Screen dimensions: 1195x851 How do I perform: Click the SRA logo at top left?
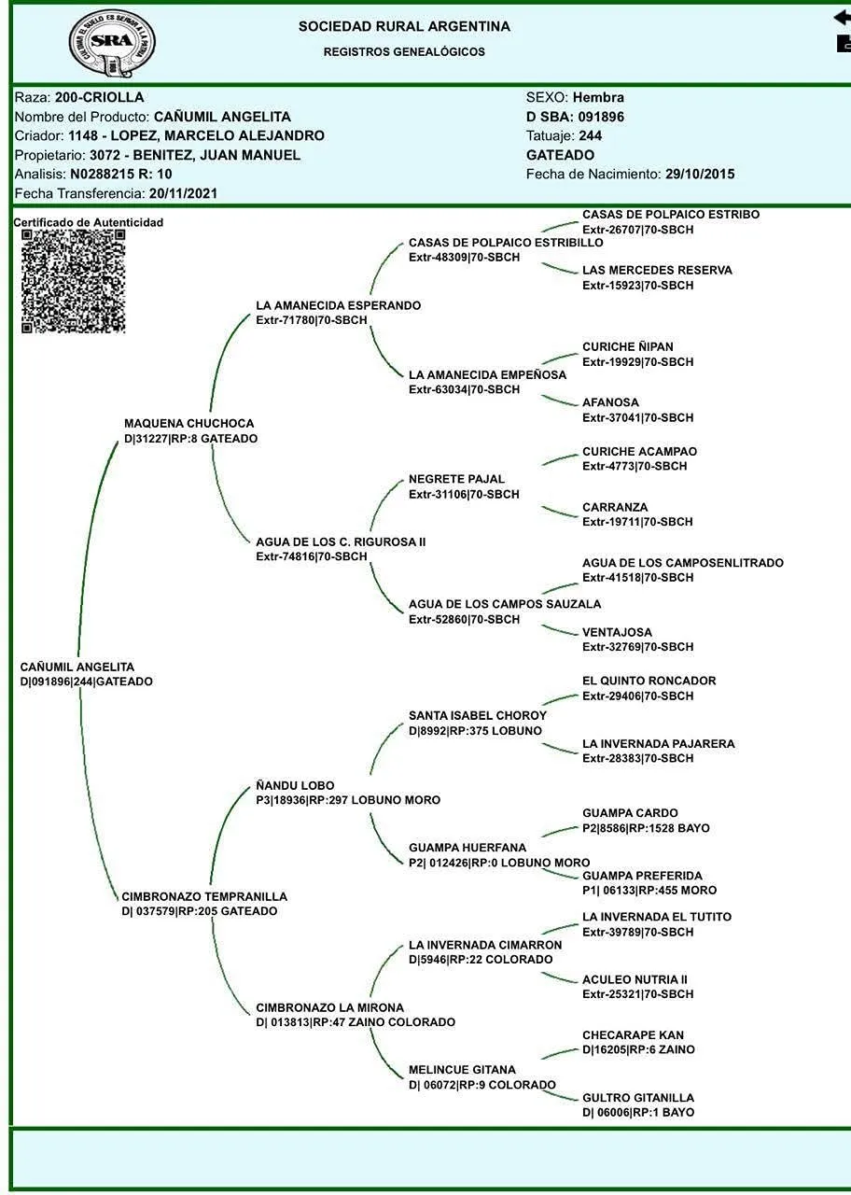pos(112,43)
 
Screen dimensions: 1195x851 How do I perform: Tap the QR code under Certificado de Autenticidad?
pos(73,281)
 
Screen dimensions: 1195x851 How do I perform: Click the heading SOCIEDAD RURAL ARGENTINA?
pos(404,27)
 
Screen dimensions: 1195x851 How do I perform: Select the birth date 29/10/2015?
pos(700,175)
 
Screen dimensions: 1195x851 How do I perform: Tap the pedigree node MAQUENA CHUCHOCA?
pos(188,424)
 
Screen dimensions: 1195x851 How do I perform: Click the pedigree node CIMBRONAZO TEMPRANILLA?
pos(204,897)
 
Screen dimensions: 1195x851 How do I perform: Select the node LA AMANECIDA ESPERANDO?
pos(338,306)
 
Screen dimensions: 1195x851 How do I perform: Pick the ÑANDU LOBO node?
pos(295,786)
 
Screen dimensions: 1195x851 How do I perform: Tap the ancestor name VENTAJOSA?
pos(617,633)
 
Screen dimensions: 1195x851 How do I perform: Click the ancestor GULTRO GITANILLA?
pos(638,1099)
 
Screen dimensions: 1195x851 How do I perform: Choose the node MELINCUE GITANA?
pos(462,1070)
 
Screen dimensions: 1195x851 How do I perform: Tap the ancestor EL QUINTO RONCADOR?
pos(649,682)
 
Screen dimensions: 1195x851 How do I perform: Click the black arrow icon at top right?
pos(842,18)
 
